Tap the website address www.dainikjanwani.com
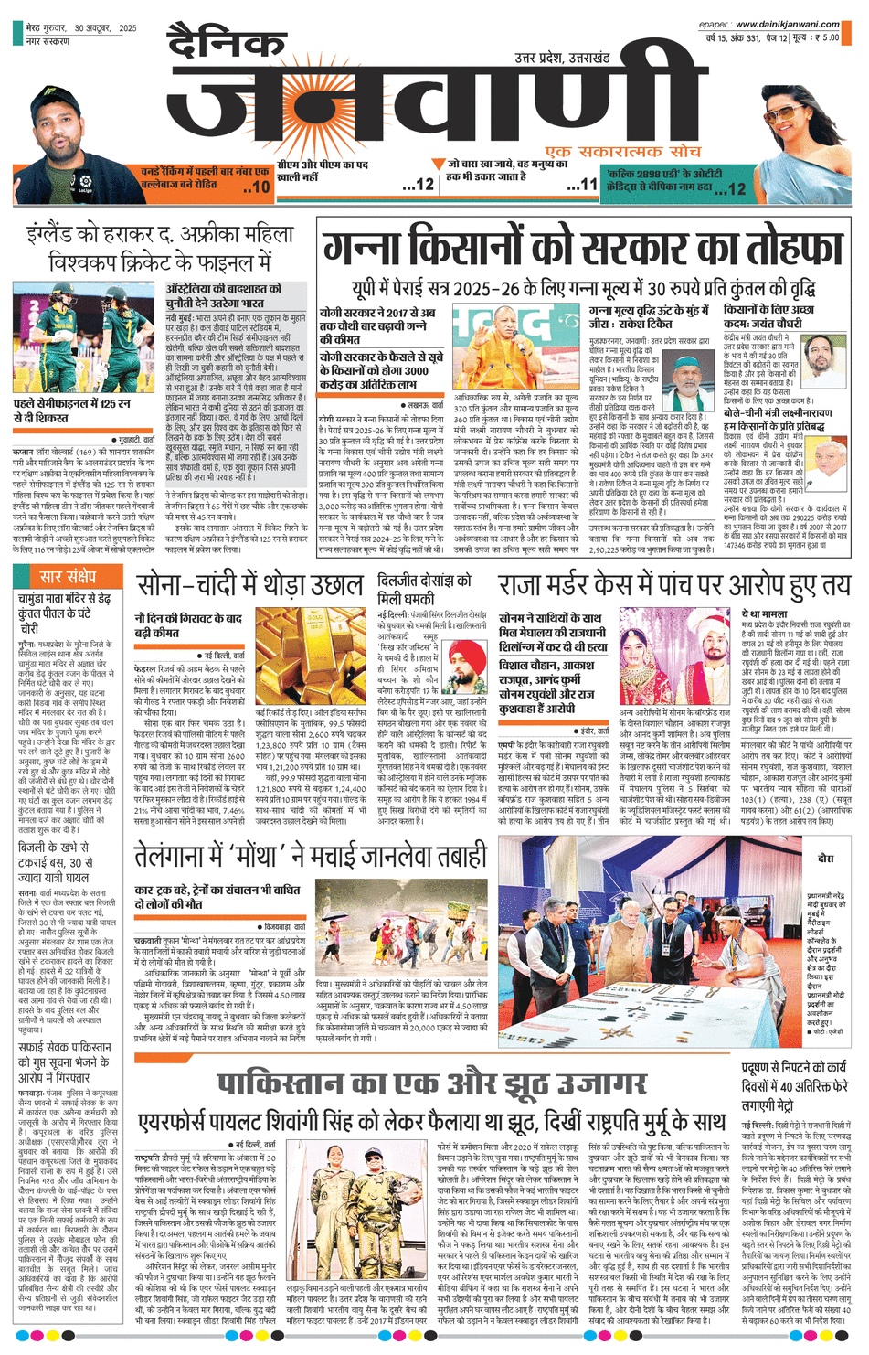[x=787, y=25]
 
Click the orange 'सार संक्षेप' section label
[x=68, y=576]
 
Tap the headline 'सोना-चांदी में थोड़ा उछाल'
[x=249, y=586]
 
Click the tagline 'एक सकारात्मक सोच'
[x=609, y=151]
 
